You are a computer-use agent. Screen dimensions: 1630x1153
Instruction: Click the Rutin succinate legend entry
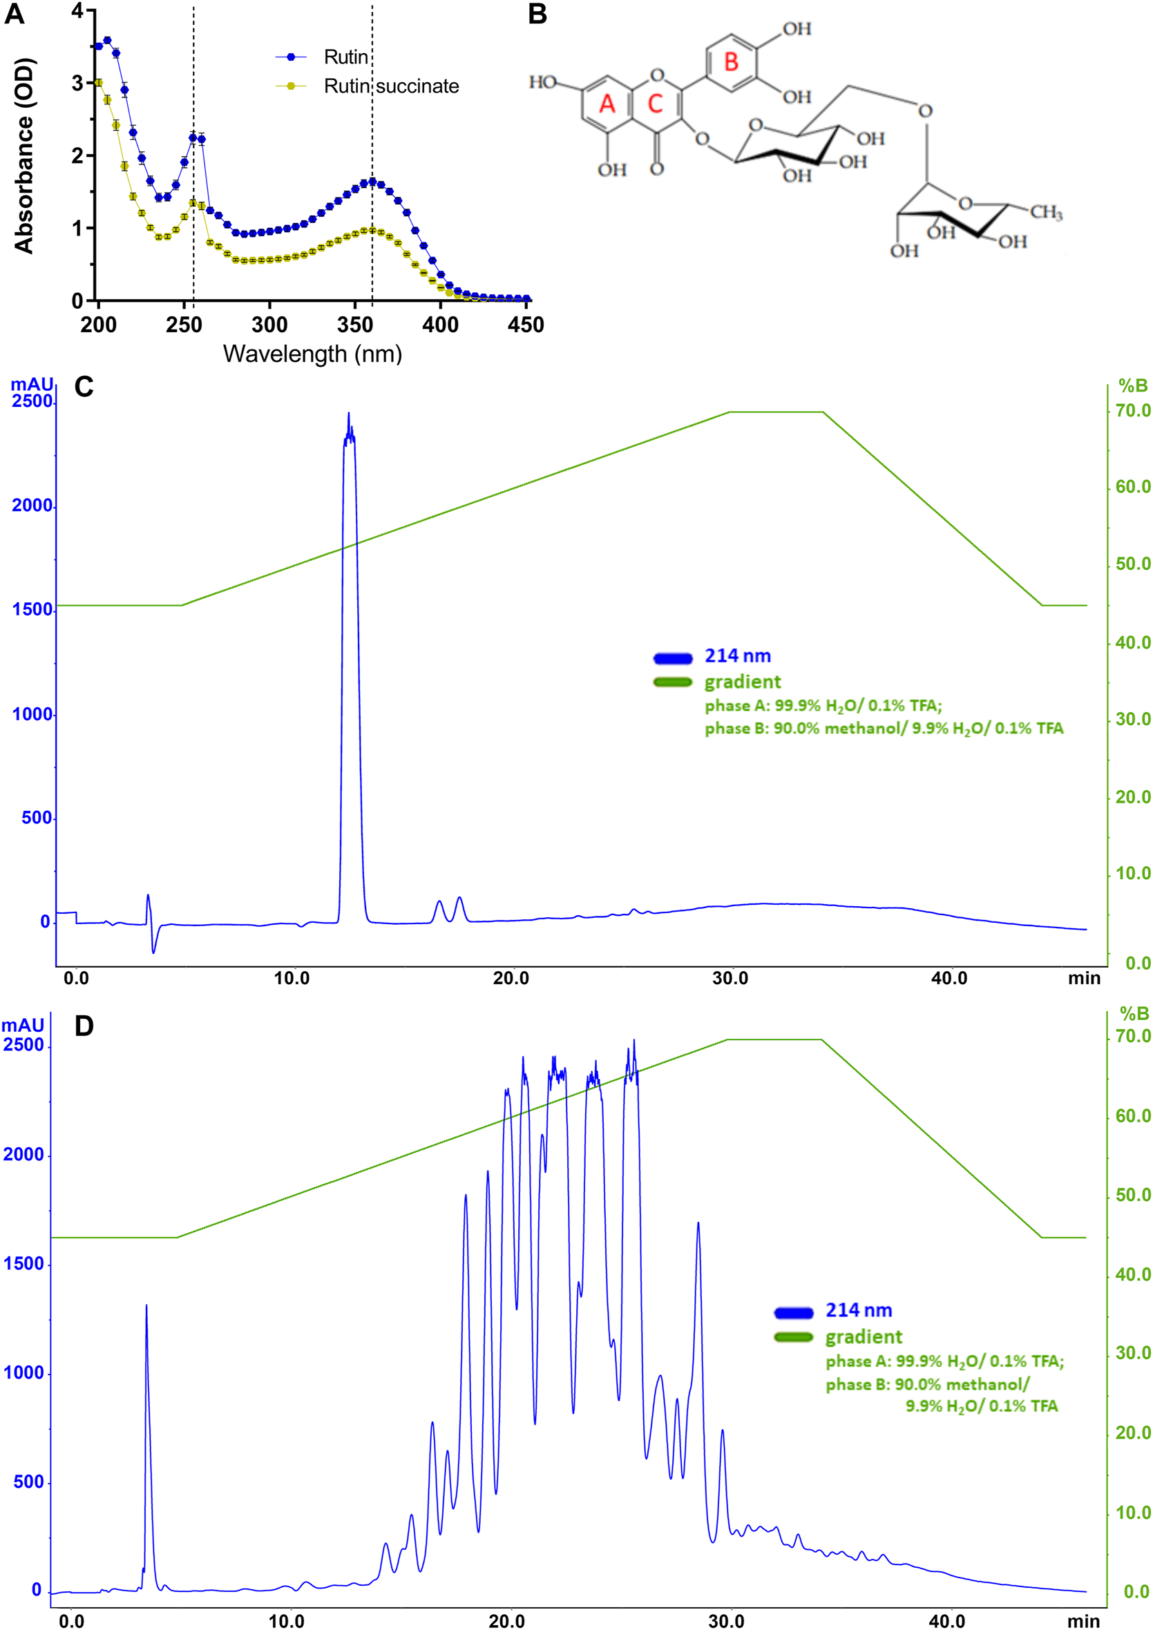point(390,86)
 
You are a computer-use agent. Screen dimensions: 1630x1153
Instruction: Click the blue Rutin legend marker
point(290,57)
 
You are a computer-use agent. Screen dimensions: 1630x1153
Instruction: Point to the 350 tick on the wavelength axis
point(355,325)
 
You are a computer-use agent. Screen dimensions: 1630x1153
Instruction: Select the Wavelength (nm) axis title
point(312,354)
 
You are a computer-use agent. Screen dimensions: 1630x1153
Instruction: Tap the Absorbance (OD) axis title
point(24,155)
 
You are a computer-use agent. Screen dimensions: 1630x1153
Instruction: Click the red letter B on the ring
point(732,62)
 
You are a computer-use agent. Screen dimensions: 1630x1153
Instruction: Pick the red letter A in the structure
point(607,104)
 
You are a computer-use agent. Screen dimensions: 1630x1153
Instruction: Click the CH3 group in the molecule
point(1046,212)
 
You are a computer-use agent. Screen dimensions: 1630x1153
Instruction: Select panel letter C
point(84,387)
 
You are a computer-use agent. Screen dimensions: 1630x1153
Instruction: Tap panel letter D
point(84,1026)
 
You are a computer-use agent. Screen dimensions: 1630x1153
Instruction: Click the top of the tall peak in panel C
point(349,414)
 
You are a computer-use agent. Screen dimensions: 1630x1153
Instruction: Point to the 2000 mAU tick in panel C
point(32,506)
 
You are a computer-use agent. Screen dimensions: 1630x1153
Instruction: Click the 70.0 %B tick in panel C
point(1132,411)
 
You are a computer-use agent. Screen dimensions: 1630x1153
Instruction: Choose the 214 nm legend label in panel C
point(737,656)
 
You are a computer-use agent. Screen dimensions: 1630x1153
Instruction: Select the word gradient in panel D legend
point(864,1338)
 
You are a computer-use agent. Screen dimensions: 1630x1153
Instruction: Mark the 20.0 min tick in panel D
point(507,1621)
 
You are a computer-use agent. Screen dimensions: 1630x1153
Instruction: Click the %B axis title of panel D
point(1134,1014)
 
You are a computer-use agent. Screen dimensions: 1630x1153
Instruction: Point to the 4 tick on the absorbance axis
point(77,10)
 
